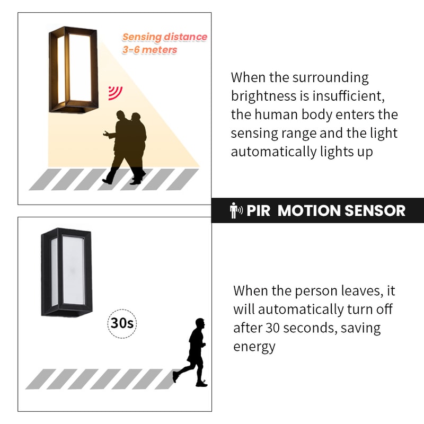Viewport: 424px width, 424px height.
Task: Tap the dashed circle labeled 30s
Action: [122, 322]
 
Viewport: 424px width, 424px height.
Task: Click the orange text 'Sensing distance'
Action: [164, 37]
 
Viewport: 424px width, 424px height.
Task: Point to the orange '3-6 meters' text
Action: [149, 50]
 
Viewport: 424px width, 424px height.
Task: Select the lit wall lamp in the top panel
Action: [74, 69]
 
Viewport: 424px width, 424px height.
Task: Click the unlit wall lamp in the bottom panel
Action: [67, 271]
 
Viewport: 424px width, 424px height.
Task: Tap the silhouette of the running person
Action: [194, 352]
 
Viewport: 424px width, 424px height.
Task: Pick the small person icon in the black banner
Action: [235, 210]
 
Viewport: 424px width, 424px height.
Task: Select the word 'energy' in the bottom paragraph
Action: [254, 347]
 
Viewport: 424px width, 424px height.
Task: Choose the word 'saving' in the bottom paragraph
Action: [360, 328]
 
